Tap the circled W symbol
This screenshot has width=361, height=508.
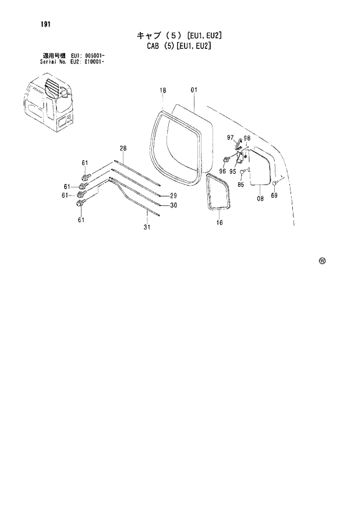(322, 260)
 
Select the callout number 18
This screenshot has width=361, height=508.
(162, 90)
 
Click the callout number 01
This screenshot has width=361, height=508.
(194, 90)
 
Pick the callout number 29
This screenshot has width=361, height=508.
(173, 195)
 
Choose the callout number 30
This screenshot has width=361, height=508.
(173, 205)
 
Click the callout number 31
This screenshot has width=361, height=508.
(147, 226)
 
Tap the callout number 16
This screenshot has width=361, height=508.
(219, 222)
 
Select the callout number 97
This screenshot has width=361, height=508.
(230, 137)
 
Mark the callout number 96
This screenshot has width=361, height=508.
(222, 171)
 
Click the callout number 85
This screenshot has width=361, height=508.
(240, 186)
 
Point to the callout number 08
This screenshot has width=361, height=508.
(260, 198)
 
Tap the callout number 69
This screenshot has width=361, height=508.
(274, 196)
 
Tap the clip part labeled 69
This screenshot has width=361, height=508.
(273, 184)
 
